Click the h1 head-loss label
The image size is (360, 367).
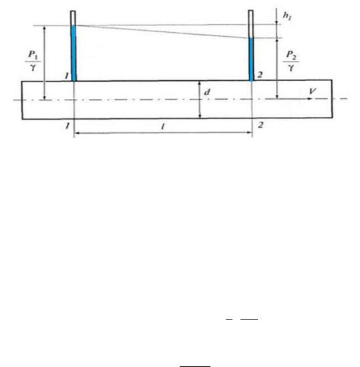pos(287,16)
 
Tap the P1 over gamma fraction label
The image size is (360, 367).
pos(33,62)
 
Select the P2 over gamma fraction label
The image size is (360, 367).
pos(291,61)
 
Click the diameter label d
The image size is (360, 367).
pos(207,92)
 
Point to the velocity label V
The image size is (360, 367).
pos(313,91)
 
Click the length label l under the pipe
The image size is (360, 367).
pos(163,126)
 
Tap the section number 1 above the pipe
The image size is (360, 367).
pos(67,76)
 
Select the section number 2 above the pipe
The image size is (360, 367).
pos(260,75)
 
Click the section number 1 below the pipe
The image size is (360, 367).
pos(67,126)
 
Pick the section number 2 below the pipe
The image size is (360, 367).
pos(260,125)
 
